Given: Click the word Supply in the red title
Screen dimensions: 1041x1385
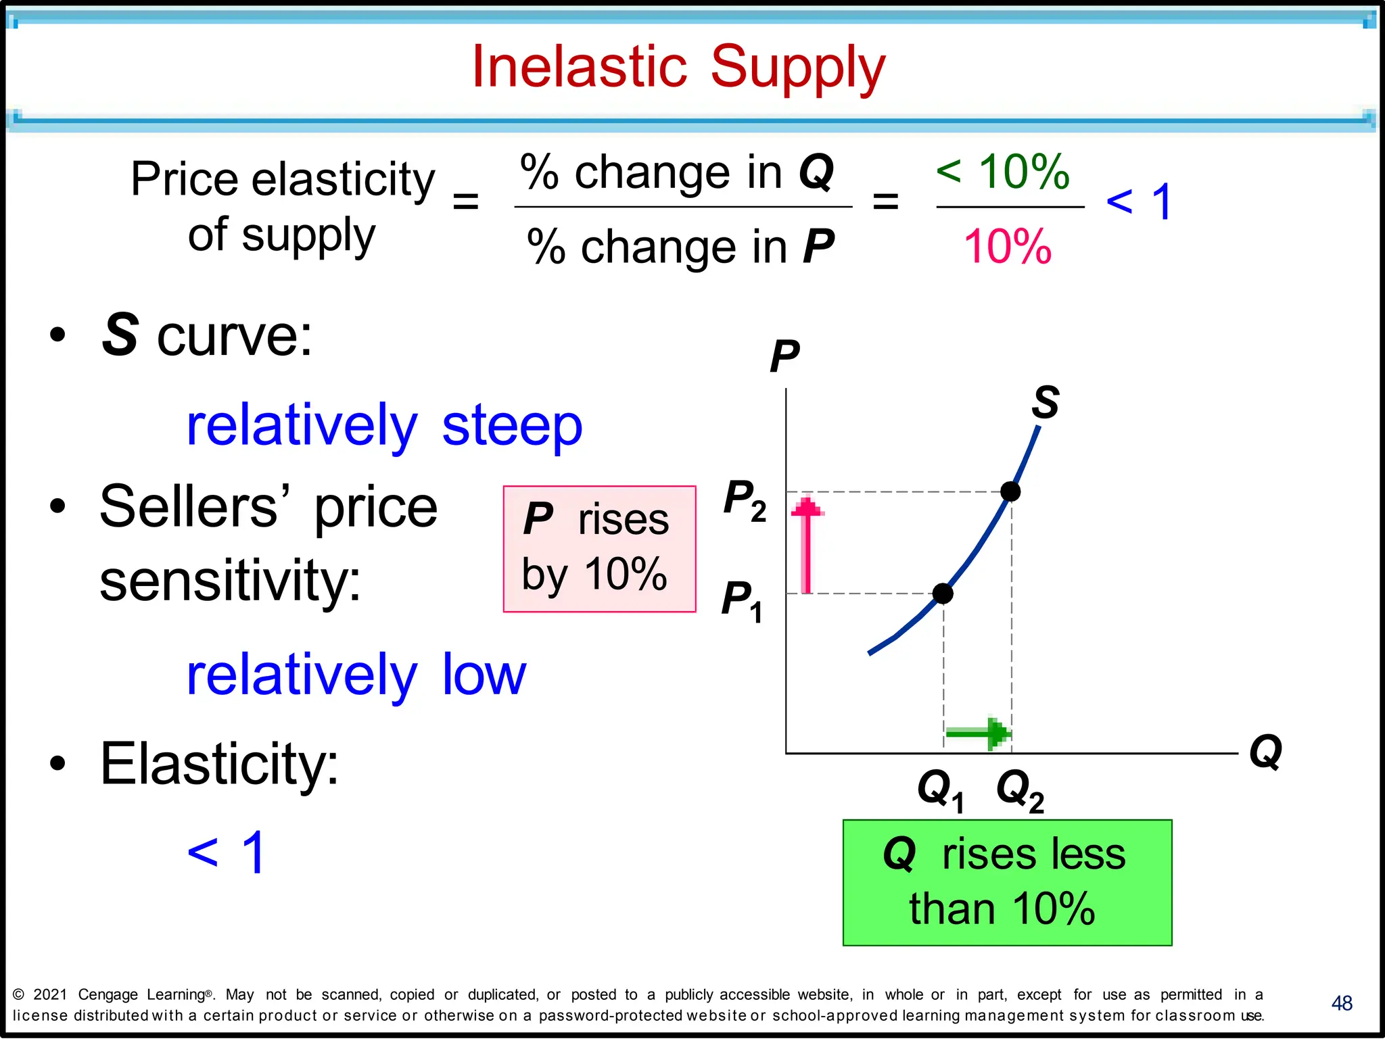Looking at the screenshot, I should coord(797,68).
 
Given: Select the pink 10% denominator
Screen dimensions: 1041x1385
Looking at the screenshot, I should coord(1007,247).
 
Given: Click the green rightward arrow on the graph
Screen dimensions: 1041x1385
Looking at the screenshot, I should coord(978,733).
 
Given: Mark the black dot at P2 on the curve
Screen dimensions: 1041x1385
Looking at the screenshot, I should coord(1010,491).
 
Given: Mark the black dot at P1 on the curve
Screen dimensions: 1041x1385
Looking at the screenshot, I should coord(943,594).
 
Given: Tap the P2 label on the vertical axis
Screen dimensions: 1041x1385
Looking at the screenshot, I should coord(745,501).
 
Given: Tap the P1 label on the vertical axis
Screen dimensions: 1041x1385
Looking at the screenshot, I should coord(742,601).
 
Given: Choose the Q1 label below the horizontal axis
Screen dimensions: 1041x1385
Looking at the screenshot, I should coord(939,790).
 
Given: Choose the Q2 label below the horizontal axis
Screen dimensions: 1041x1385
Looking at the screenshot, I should coord(1020,790).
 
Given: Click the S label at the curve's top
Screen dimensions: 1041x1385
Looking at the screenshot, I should coord(1045,402).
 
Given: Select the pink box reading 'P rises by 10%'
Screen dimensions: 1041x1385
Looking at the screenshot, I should coord(599,549).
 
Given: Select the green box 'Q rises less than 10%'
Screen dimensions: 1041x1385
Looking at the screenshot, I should coord(1007,882).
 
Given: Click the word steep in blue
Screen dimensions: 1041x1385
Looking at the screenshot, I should coord(512,426).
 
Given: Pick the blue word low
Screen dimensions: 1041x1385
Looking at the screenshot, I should coord(484,675).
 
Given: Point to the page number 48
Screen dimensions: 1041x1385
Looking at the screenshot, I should coord(1342,1003).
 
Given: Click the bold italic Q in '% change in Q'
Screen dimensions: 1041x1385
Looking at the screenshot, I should coord(816,172).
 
